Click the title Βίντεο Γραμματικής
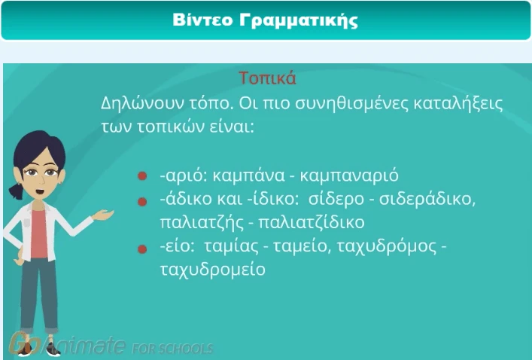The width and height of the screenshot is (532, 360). (265, 20)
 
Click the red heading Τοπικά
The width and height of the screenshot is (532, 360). (267, 78)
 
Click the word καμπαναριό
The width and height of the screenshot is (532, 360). (349, 175)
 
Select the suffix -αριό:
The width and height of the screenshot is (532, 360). (184, 175)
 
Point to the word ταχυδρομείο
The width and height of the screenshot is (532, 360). (212, 269)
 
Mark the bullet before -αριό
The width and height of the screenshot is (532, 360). (141, 176)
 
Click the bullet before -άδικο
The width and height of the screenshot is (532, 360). (141, 201)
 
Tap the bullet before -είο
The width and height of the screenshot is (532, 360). (141, 247)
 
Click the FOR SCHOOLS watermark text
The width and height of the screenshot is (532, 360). (172, 349)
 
